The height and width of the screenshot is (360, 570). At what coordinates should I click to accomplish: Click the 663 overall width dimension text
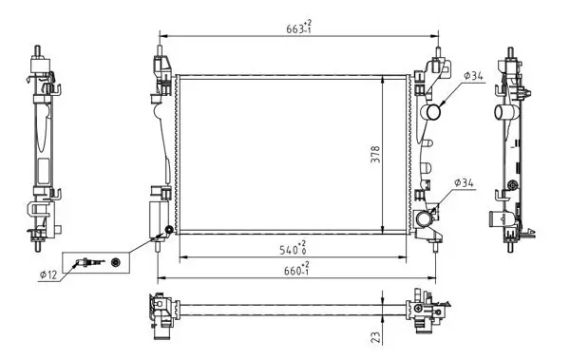pos(295,28)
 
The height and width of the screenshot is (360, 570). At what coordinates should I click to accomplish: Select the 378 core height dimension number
pos(375,153)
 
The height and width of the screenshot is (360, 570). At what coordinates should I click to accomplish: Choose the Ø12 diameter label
pos(48,276)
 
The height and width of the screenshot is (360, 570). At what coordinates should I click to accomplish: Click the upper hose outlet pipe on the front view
pos(434,114)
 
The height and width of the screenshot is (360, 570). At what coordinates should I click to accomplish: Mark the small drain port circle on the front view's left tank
pos(170,231)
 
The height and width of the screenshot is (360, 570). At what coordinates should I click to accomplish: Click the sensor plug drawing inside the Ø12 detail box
pos(88,261)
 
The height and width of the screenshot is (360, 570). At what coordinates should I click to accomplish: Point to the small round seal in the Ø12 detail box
pos(116,261)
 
